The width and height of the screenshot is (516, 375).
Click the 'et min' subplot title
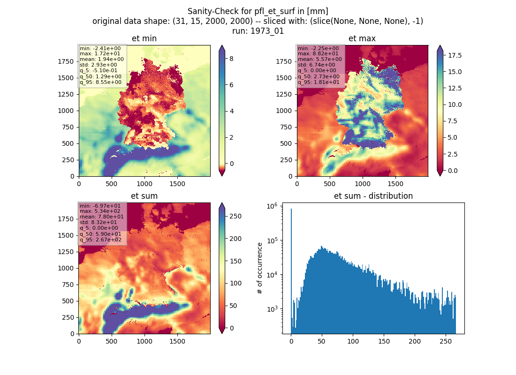point(144,38)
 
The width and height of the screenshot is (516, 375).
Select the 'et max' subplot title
point(362,38)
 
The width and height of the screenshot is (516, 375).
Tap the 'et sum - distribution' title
point(373,196)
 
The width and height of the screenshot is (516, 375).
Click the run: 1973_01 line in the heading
point(258,31)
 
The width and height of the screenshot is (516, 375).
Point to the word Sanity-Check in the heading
point(209,12)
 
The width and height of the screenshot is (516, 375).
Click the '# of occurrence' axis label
point(260,269)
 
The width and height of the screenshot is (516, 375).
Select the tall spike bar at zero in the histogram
point(291,271)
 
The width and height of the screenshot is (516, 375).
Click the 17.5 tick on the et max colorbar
point(455,55)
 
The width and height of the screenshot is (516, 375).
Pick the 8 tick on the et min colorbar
point(231,59)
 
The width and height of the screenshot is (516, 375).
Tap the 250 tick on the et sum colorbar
point(235,216)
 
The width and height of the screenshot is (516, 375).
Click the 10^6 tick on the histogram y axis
point(272,206)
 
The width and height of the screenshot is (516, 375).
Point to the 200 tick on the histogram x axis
point(415,341)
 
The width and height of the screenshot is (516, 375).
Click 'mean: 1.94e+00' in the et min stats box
point(102,59)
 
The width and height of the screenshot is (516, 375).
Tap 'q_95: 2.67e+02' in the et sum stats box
point(100,240)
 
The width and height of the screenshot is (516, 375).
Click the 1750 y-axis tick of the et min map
point(66,61)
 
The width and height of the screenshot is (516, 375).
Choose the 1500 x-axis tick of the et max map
point(395,184)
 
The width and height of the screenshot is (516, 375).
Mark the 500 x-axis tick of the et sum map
point(112,341)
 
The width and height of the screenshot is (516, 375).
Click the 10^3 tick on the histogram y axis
point(272,309)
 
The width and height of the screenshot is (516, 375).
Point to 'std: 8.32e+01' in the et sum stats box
point(98,222)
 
